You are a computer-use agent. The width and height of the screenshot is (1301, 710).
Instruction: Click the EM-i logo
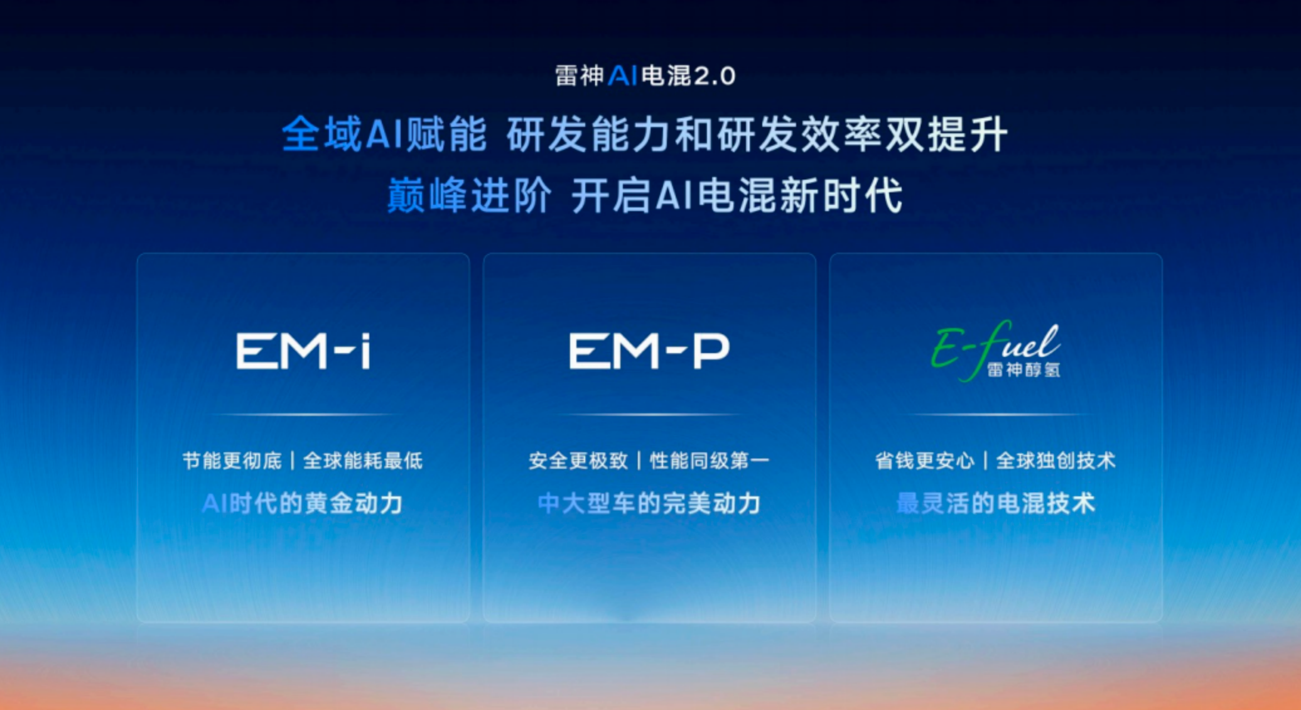click(303, 351)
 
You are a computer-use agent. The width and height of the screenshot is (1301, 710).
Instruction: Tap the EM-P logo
click(649, 351)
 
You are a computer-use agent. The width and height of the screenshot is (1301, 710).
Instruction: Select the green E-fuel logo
click(996, 350)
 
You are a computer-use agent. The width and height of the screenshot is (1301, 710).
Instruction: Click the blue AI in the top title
click(623, 76)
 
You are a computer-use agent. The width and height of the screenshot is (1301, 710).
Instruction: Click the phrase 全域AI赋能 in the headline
click(384, 134)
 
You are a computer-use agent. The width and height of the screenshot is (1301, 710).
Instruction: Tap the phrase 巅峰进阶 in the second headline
click(469, 195)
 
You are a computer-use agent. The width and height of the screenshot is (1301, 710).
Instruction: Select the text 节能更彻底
click(232, 461)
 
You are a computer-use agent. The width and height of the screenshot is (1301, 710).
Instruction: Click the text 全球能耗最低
click(363, 461)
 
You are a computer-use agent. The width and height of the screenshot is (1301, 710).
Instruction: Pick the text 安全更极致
click(578, 461)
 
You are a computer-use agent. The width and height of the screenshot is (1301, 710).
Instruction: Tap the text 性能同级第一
click(710, 461)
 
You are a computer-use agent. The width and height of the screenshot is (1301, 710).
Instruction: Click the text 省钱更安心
click(925, 461)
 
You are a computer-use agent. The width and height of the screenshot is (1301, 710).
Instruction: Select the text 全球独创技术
click(1056, 461)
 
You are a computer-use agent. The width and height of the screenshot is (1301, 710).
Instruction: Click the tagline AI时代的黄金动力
click(303, 503)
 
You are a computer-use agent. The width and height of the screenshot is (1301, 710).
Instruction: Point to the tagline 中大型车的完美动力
click(649, 503)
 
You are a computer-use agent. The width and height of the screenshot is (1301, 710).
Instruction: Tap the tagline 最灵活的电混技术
click(996, 503)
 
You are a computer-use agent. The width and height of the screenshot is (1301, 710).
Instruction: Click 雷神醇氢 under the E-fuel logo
click(1023, 369)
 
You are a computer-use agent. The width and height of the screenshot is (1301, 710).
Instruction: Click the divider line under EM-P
click(649, 415)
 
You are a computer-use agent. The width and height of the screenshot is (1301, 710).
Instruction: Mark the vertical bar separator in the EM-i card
click(293, 461)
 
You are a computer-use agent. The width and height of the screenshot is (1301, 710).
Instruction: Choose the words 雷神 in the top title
click(579, 76)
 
